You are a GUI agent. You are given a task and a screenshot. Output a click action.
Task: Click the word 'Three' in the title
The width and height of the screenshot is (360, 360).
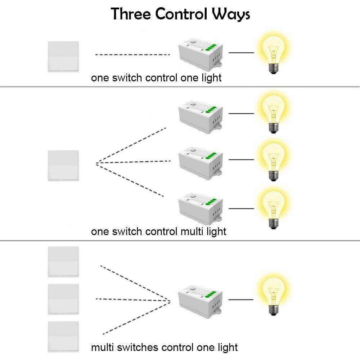click(130, 14)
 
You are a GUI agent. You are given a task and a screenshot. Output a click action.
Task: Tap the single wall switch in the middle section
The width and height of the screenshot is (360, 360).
click(63, 166)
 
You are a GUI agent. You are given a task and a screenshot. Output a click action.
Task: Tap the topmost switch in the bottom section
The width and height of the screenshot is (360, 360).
click(63, 262)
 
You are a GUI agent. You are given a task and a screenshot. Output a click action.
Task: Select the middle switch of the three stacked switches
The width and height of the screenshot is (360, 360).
click(63, 299)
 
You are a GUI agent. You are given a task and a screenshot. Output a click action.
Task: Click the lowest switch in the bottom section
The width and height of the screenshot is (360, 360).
click(63, 337)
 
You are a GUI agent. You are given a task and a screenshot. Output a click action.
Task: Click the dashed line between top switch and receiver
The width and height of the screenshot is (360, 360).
click(132, 55)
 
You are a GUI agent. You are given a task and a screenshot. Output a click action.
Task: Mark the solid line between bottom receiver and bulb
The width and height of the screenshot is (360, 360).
click(241, 299)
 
